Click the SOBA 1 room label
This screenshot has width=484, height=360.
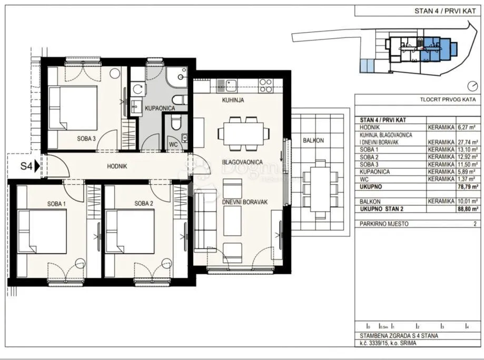coord(56,204)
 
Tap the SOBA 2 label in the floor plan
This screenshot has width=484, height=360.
coord(144,204)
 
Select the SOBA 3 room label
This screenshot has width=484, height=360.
coord(86,139)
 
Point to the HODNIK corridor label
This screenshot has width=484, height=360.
coord(117,166)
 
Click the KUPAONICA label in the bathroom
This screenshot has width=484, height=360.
coord(160,108)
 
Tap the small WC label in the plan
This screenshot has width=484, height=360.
coord(173,144)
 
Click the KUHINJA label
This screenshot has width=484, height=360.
coord(233,100)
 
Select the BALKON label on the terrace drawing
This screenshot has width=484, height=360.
coord(313,141)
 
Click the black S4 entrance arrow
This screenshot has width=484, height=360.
coord(37,166)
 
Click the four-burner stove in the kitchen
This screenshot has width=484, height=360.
coord(265,86)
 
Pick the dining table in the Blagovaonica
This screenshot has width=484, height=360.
coord(243,134)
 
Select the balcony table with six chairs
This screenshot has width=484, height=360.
coord(320,189)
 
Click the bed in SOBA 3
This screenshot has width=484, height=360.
coord(73,108)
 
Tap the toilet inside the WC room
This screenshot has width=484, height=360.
coord(176,122)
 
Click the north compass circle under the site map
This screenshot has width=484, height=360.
coord(472,86)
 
